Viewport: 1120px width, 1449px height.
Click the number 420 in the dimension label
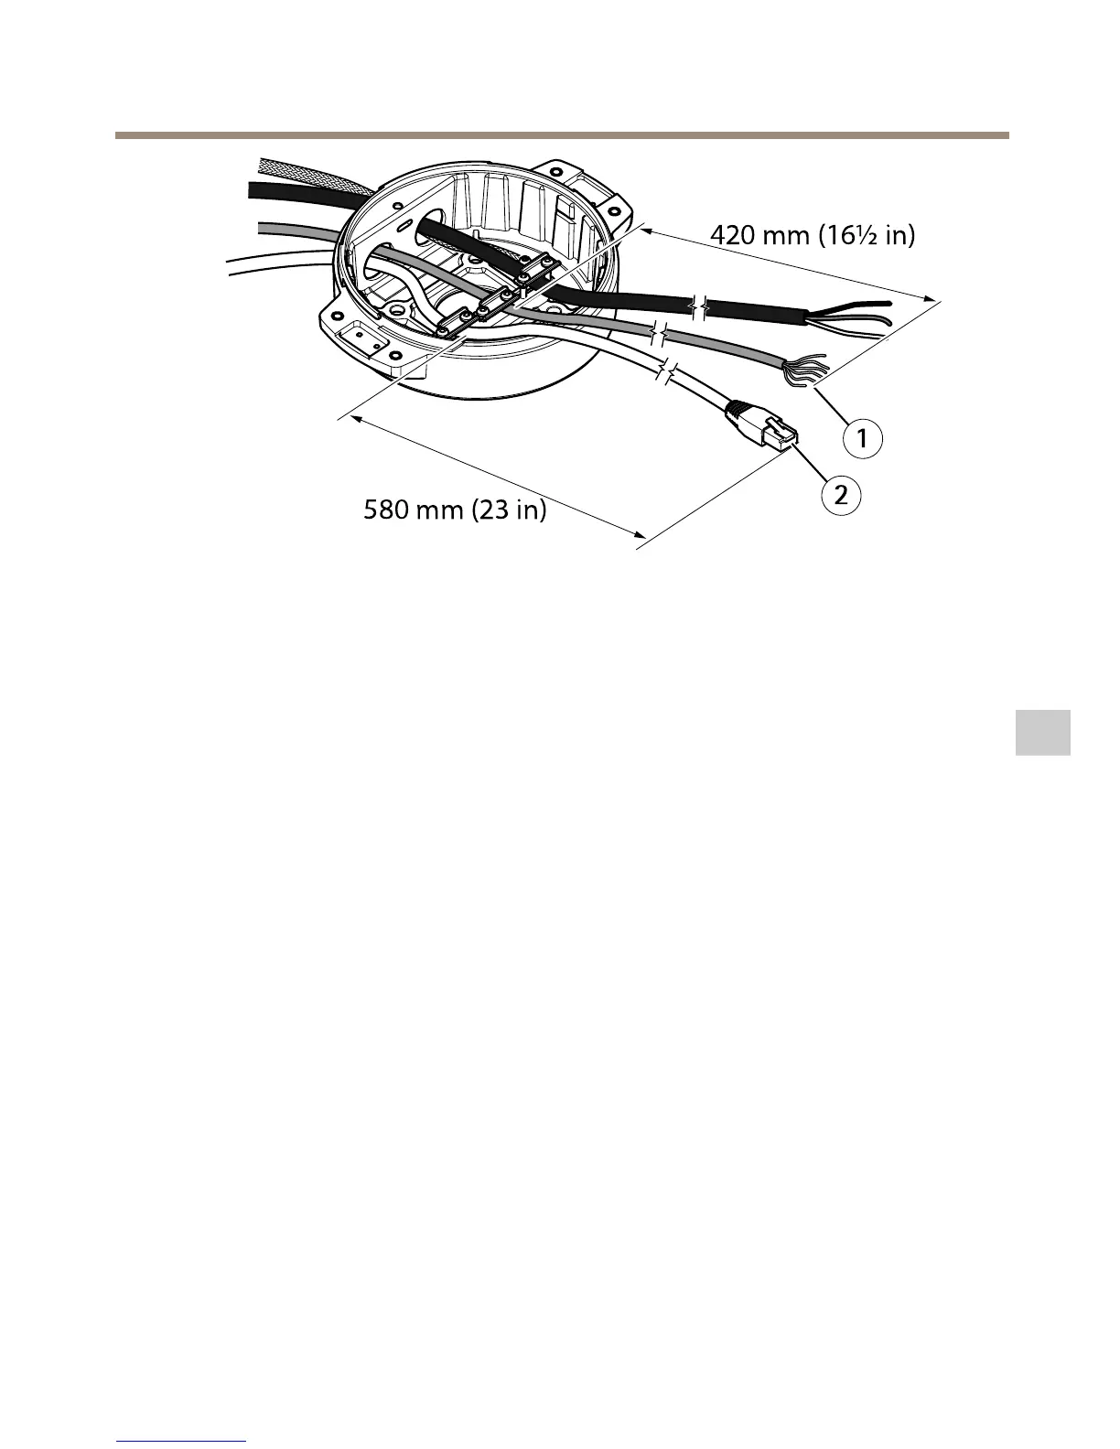[734, 236]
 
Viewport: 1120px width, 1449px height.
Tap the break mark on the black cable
[700, 307]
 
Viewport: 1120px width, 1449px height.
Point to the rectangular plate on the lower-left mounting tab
[364, 339]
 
